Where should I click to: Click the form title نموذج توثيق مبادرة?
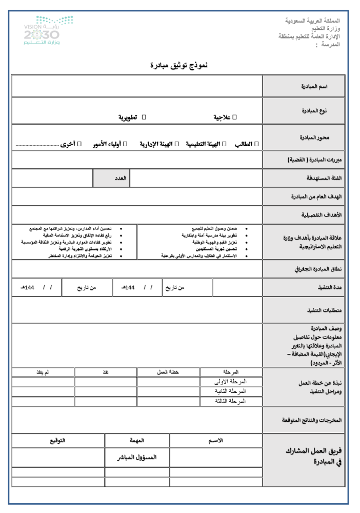[x=180, y=66]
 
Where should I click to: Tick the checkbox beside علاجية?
[x=235, y=117]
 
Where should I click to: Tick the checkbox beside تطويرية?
[x=144, y=117]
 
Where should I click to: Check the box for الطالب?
[x=256, y=144]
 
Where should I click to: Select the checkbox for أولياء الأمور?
[x=125, y=144]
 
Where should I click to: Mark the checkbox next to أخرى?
[x=80, y=144]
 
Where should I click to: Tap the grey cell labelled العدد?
[x=119, y=177]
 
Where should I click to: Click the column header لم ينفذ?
[x=50, y=371]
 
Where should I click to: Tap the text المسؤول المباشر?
[x=137, y=457]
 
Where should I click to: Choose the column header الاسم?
[x=216, y=440]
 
